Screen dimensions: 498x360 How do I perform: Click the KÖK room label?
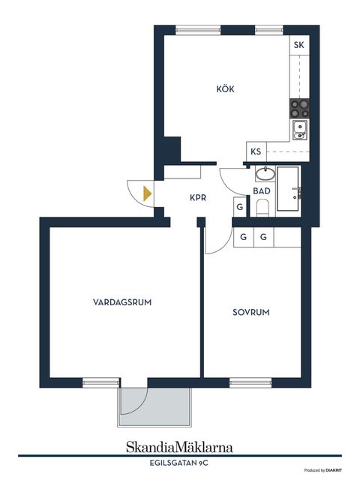pyautogui.click(x=225, y=89)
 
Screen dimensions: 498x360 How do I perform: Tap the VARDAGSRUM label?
pyautogui.click(x=123, y=303)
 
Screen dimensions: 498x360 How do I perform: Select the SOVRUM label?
pyautogui.click(x=250, y=312)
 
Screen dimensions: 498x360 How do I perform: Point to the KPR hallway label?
pyautogui.click(x=198, y=199)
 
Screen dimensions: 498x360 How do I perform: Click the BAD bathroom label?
pyautogui.click(x=262, y=191)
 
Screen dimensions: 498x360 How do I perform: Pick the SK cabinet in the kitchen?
pyautogui.click(x=299, y=45)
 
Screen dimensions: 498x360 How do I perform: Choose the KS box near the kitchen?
pyautogui.click(x=256, y=151)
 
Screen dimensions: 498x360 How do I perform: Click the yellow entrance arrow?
pyautogui.click(x=147, y=193)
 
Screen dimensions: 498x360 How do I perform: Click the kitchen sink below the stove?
pyautogui.click(x=299, y=129)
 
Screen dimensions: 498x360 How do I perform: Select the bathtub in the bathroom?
pyautogui.click(x=289, y=188)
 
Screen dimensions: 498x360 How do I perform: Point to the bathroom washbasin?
pyautogui.click(x=264, y=175)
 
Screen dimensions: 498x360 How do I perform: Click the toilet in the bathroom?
pyautogui.click(x=262, y=209)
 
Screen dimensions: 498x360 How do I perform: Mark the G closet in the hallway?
pyautogui.click(x=239, y=207)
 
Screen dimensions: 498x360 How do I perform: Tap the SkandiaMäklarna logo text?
pyautogui.click(x=179, y=447)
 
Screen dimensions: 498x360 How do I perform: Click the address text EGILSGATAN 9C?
pyautogui.click(x=179, y=464)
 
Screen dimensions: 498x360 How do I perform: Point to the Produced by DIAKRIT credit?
pyautogui.click(x=324, y=470)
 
